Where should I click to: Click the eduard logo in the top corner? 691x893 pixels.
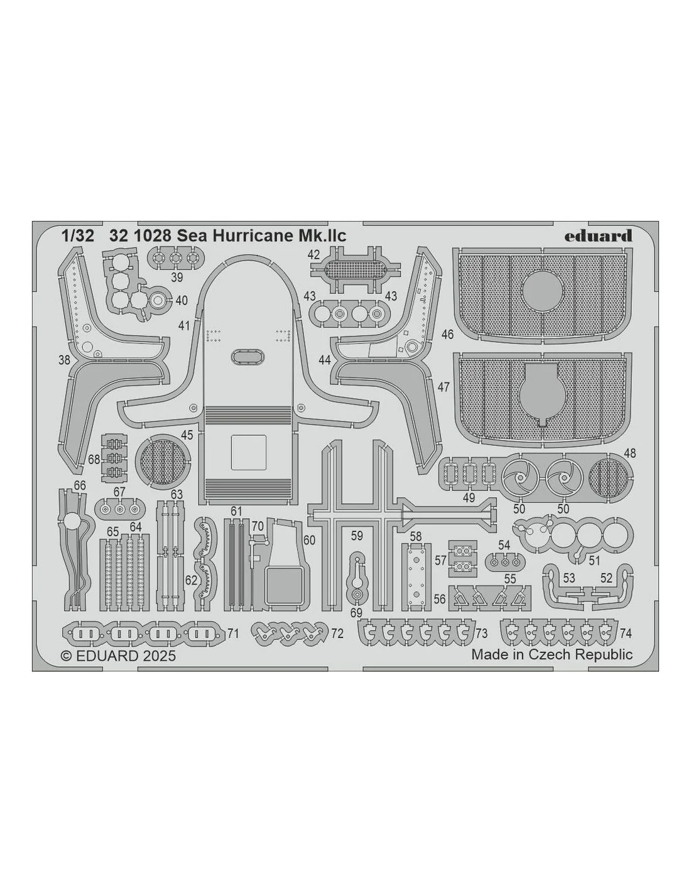(598, 236)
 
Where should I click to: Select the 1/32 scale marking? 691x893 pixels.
(78, 236)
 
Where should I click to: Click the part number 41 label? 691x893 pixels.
(184, 326)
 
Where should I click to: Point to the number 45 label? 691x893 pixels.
(187, 435)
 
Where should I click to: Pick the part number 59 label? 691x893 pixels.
(357, 536)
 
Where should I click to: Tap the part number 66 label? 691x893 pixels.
(79, 485)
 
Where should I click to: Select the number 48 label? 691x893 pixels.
(629, 453)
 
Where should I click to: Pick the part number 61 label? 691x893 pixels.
(236, 511)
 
